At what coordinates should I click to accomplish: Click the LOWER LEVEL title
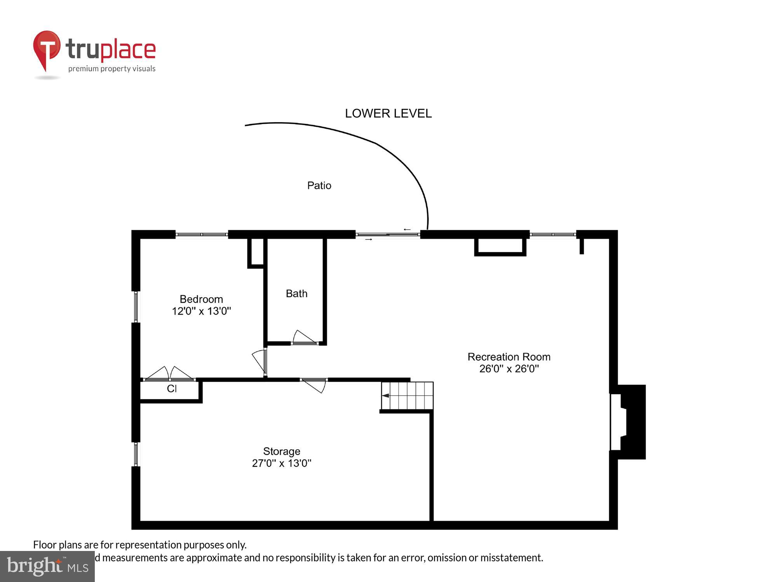(x=388, y=113)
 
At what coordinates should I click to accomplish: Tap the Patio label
(x=319, y=185)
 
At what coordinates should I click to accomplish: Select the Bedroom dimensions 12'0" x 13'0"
(x=201, y=311)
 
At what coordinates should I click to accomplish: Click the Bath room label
(x=296, y=294)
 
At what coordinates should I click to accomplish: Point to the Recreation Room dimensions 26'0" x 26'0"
(x=509, y=369)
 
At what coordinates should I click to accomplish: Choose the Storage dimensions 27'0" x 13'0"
(x=282, y=463)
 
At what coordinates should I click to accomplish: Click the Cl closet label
(x=172, y=389)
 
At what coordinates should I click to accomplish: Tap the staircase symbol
(x=407, y=396)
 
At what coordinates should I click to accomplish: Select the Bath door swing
(x=304, y=337)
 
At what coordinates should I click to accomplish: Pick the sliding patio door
(x=388, y=234)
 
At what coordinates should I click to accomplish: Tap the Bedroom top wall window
(x=202, y=234)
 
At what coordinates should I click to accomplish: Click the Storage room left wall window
(x=136, y=454)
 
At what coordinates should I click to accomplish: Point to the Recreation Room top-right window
(x=552, y=234)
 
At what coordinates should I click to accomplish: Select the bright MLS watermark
(x=47, y=566)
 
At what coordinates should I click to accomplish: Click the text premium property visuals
(x=112, y=69)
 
